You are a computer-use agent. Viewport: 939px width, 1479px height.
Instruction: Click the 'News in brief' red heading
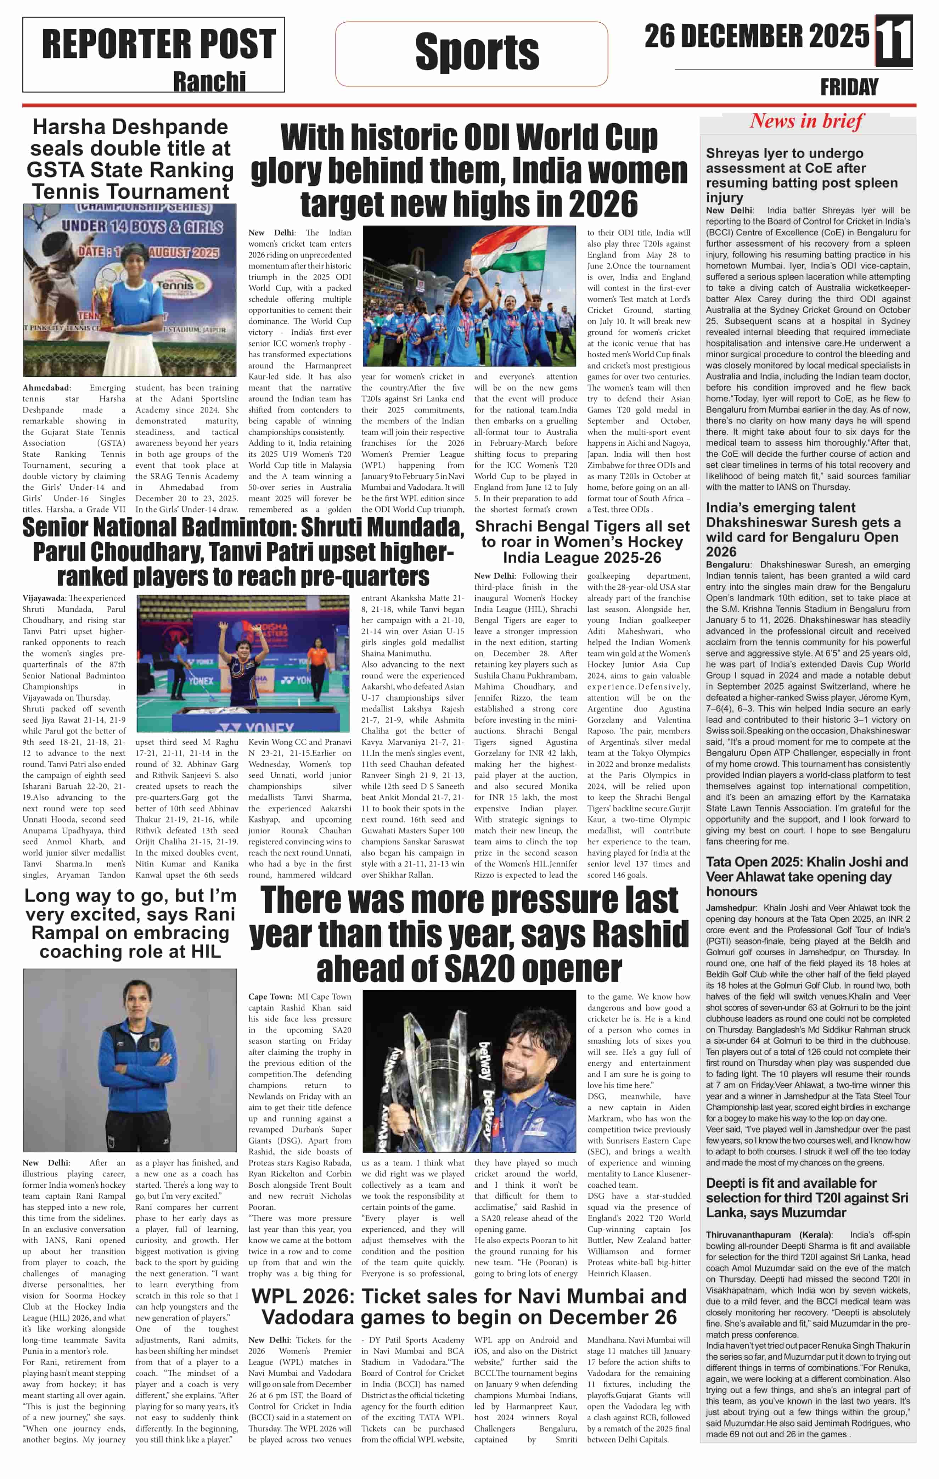click(x=806, y=121)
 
